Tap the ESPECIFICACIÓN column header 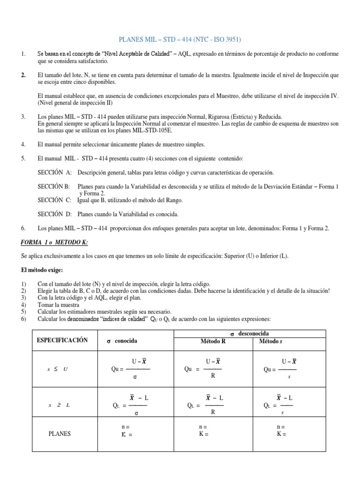click(62, 340)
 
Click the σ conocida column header click(122, 341)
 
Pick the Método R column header click(213, 341)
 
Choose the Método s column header click(271, 341)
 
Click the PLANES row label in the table click(60, 434)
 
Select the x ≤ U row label click(58, 369)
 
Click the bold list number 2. click(23, 75)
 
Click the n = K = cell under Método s click(281, 430)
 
